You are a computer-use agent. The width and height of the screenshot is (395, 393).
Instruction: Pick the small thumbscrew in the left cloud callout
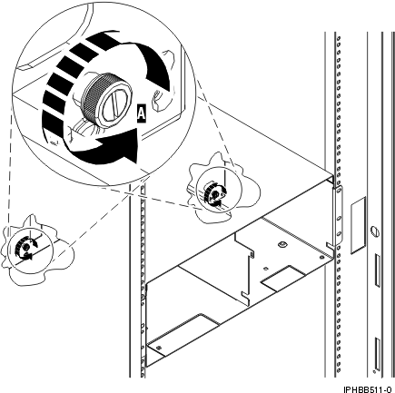(x=25, y=249)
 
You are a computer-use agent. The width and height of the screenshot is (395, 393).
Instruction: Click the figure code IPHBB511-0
(x=367, y=386)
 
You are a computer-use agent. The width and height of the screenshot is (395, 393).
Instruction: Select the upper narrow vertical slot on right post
(x=375, y=270)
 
